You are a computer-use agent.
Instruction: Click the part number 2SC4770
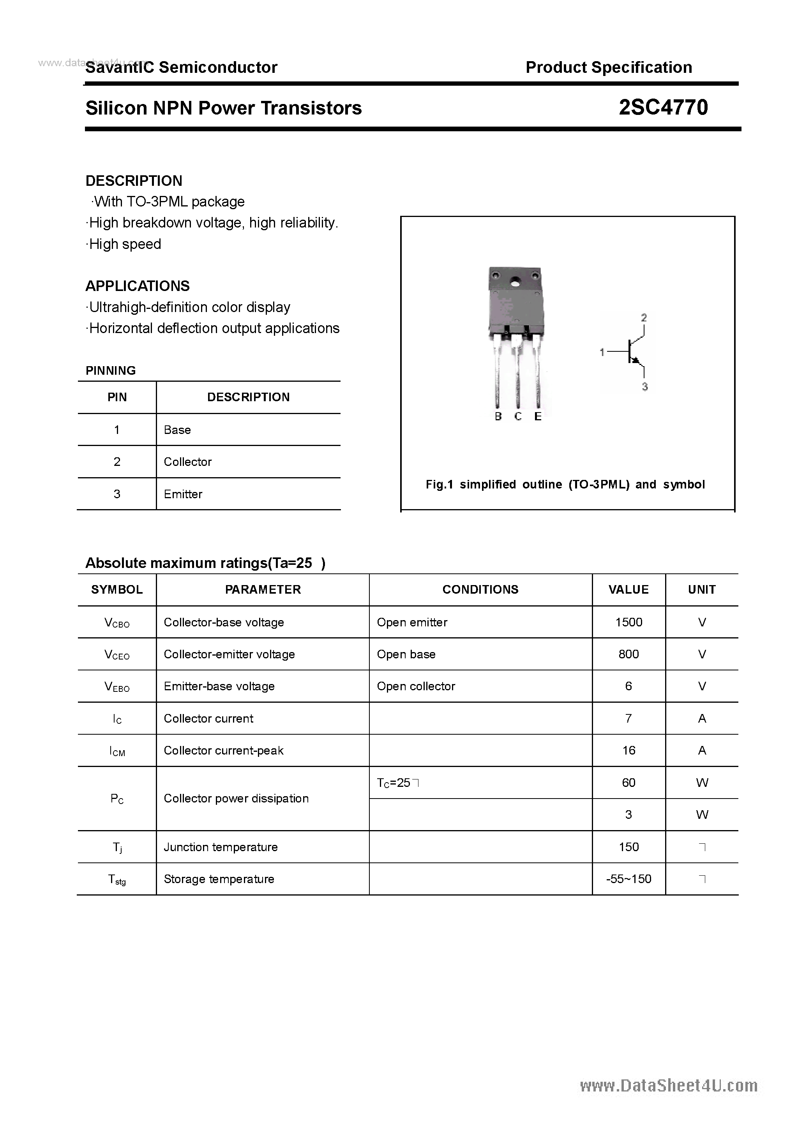663,108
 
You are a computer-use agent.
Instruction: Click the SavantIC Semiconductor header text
181,67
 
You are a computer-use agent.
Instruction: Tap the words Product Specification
609,67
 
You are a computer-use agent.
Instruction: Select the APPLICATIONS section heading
138,286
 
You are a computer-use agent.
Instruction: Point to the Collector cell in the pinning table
187,462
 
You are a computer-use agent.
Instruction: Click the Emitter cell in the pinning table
183,494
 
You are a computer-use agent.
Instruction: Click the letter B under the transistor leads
498,417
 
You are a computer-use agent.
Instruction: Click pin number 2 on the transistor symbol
644,317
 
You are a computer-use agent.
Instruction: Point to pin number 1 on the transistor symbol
602,352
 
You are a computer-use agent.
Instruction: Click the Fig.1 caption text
565,485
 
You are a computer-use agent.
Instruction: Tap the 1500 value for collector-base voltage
628,622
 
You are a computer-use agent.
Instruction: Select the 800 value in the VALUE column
628,654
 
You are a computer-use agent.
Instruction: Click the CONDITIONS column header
480,590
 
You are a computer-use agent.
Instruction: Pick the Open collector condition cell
416,687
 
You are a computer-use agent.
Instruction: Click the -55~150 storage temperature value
628,879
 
